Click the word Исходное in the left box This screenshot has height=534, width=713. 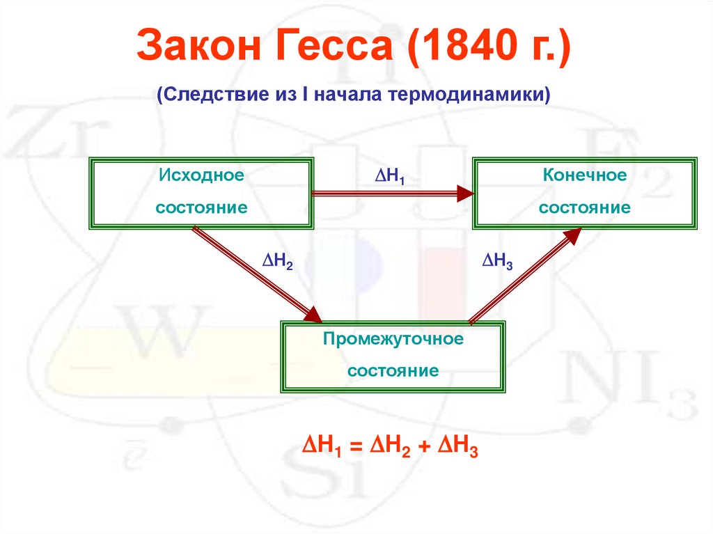(201, 175)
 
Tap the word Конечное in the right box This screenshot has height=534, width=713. (585, 175)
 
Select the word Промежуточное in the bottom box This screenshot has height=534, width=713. (393, 339)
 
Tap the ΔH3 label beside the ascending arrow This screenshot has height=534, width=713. (497, 260)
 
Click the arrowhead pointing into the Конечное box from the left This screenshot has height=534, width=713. (464, 194)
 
